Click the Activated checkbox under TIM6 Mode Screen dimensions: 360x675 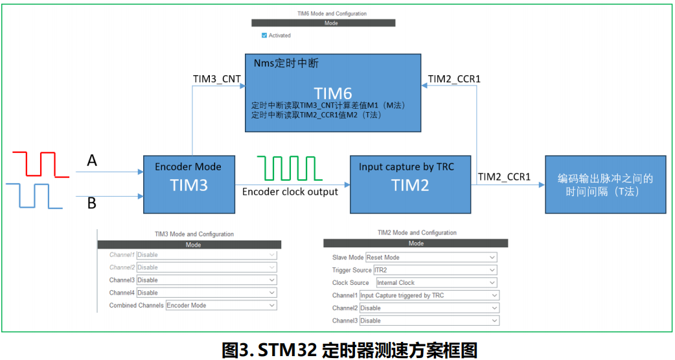(x=264, y=36)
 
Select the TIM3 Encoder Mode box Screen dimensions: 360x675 (x=188, y=184)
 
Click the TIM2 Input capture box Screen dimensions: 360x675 (x=410, y=184)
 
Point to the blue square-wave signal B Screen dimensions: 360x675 (x=36, y=195)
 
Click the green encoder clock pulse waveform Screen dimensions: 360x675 (x=290, y=168)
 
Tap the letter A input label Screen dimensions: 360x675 (x=92, y=161)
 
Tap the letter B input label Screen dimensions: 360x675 (x=92, y=203)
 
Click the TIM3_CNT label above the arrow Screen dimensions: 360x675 (x=217, y=79)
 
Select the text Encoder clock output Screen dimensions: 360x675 (x=290, y=192)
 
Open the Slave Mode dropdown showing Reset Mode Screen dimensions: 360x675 (x=431, y=257)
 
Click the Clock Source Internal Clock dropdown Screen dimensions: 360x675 (x=437, y=283)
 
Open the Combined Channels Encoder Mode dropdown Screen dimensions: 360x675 (x=221, y=305)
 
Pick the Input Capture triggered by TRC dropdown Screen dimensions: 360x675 (x=429, y=295)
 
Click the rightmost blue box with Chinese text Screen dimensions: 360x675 (x=605, y=185)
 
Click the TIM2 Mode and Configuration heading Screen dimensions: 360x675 (x=417, y=232)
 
